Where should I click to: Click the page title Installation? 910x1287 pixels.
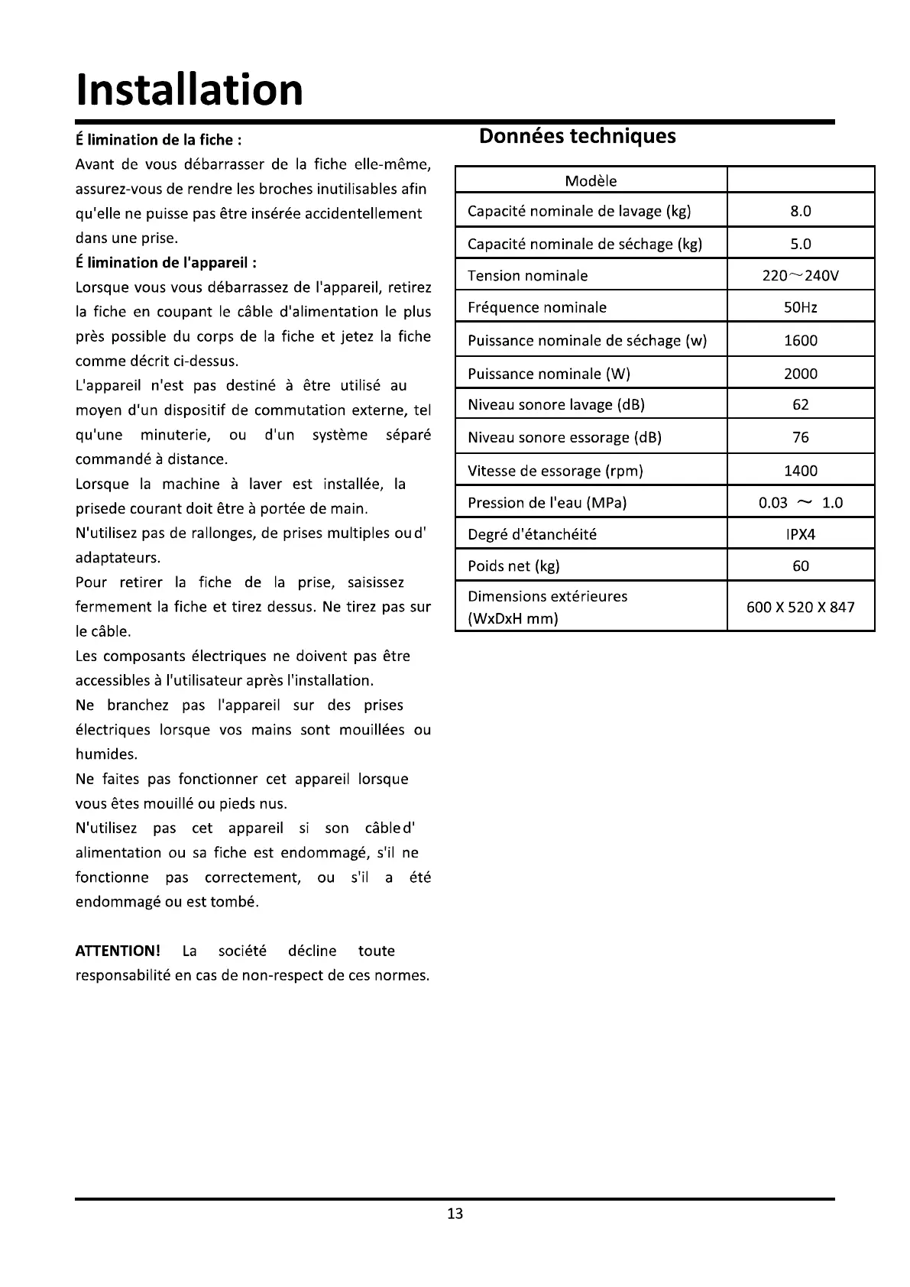pos(189,89)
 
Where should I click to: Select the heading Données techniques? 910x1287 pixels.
pos(577,136)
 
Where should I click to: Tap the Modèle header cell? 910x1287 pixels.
pos(591,181)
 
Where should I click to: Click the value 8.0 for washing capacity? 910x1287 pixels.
pos(800,211)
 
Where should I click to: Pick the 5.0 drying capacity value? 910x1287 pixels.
pos(800,244)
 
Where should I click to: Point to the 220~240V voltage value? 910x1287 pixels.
pos(800,276)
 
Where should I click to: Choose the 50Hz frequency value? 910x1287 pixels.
pos(800,307)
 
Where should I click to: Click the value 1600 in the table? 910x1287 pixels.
pos(800,341)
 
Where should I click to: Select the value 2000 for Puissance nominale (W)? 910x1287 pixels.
pos(800,374)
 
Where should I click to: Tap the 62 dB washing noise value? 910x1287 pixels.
pos(800,405)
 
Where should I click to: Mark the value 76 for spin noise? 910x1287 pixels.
pos(800,438)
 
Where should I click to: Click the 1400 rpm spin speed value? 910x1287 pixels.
pos(800,471)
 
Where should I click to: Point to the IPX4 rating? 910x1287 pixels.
pos(800,534)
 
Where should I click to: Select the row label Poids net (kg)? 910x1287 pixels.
pos(513,566)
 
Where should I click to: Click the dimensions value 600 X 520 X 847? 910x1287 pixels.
pos(800,608)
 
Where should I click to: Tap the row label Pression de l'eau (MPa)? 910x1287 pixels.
pos(547,503)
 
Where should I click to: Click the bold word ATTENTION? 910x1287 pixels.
pos(118,951)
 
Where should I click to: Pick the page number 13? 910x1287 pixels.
pos(455,1214)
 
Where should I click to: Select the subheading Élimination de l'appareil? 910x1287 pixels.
pos(166,263)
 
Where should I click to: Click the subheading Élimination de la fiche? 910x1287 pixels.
pos(159,140)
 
